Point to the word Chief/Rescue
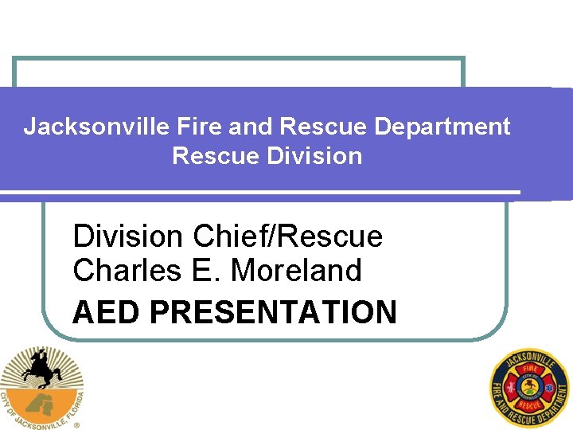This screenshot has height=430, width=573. tap(288, 236)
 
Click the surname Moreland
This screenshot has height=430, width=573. tap(295, 271)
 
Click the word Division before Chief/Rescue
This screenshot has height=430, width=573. tap(129, 236)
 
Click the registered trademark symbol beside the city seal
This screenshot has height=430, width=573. tap(76, 425)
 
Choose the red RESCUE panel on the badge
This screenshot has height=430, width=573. tap(530, 405)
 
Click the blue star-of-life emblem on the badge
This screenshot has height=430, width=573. tap(548, 389)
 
